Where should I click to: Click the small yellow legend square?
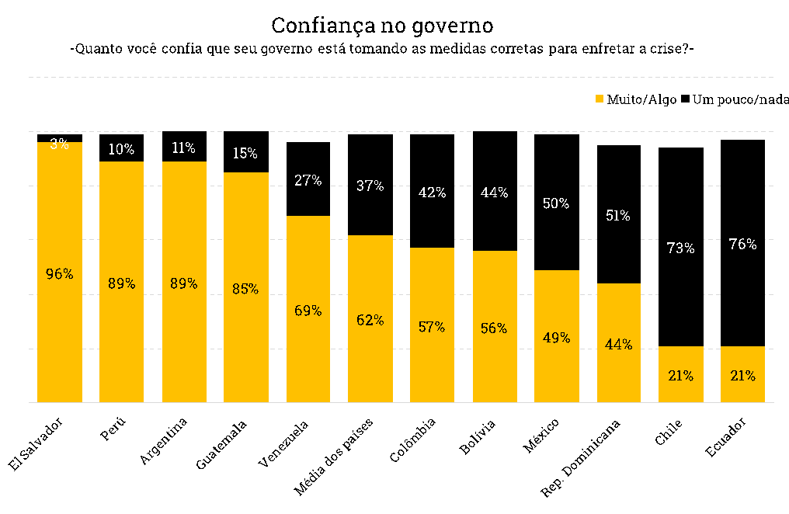(x=600, y=99)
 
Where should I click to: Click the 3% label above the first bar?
(x=60, y=144)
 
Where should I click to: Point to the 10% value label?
(x=121, y=149)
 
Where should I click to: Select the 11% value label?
(x=184, y=148)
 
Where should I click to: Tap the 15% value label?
(x=245, y=154)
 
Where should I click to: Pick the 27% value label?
(x=308, y=180)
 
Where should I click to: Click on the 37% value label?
(x=370, y=186)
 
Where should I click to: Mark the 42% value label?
(x=432, y=193)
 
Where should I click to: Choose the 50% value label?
(x=556, y=203)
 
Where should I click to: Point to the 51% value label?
(x=618, y=216)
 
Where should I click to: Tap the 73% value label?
(x=680, y=248)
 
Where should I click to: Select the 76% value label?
(x=742, y=245)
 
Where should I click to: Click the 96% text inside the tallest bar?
(x=60, y=274)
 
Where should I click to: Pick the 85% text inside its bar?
(x=245, y=289)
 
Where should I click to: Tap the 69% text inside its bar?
(x=308, y=311)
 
